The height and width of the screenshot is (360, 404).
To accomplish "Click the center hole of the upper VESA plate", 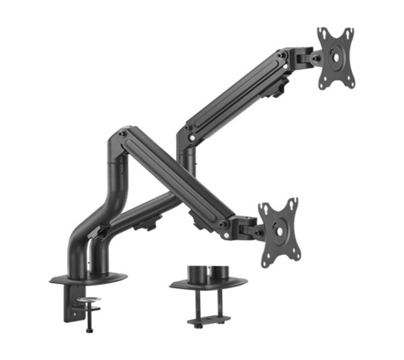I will click(336, 57).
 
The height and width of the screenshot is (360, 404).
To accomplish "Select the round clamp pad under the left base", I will click(90, 301).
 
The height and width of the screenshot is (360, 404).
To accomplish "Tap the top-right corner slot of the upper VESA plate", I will click(347, 33).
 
